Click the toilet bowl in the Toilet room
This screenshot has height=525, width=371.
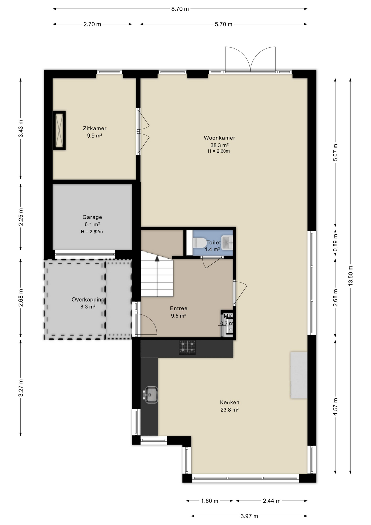(199, 243)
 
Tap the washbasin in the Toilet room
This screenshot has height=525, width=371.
(227, 243)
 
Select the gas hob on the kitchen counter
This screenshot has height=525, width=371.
(187, 347)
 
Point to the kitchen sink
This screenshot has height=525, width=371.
(150, 395)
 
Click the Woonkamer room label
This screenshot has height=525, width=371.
(219, 138)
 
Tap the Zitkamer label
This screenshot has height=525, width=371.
(95, 128)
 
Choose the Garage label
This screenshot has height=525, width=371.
(92, 217)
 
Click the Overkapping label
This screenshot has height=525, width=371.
(88, 299)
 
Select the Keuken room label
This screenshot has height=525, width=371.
(229, 402)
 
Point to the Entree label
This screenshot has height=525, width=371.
(179, 308)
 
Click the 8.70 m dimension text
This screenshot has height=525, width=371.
(180, 9)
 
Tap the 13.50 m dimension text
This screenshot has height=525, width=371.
(351, 276)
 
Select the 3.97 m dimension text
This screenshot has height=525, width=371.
(249, 516)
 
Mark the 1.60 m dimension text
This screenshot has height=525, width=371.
(210, 501)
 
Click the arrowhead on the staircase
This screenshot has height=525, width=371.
(157, 259)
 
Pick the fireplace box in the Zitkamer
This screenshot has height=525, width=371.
(59, 130)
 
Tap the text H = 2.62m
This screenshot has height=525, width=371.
(92, 232)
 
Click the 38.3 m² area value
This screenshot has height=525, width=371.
(219, 145)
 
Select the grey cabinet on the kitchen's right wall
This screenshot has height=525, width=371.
(299, 375)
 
